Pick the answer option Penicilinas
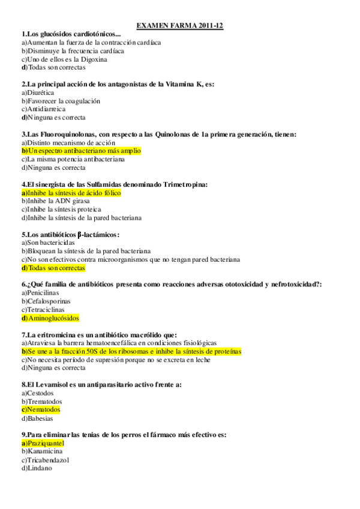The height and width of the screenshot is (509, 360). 40,293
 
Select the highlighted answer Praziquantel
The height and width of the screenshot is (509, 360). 43,443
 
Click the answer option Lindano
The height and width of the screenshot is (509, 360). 37,468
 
